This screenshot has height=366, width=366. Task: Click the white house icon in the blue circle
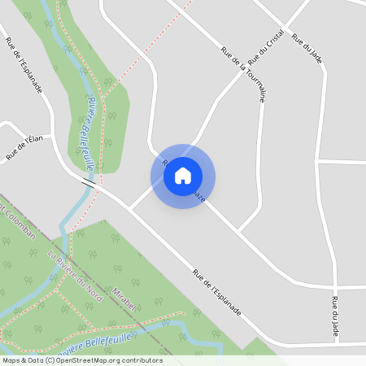pos(183,176)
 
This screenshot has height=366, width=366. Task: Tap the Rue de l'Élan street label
pos(24,146)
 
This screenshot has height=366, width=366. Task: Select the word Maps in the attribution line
pos(11,360)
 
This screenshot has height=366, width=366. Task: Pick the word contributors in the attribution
pos(139,360)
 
